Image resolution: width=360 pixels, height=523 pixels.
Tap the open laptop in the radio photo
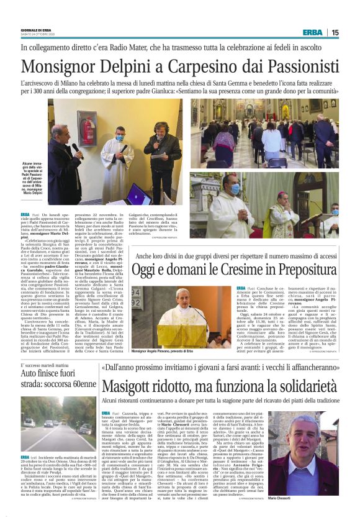coord(138,194)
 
